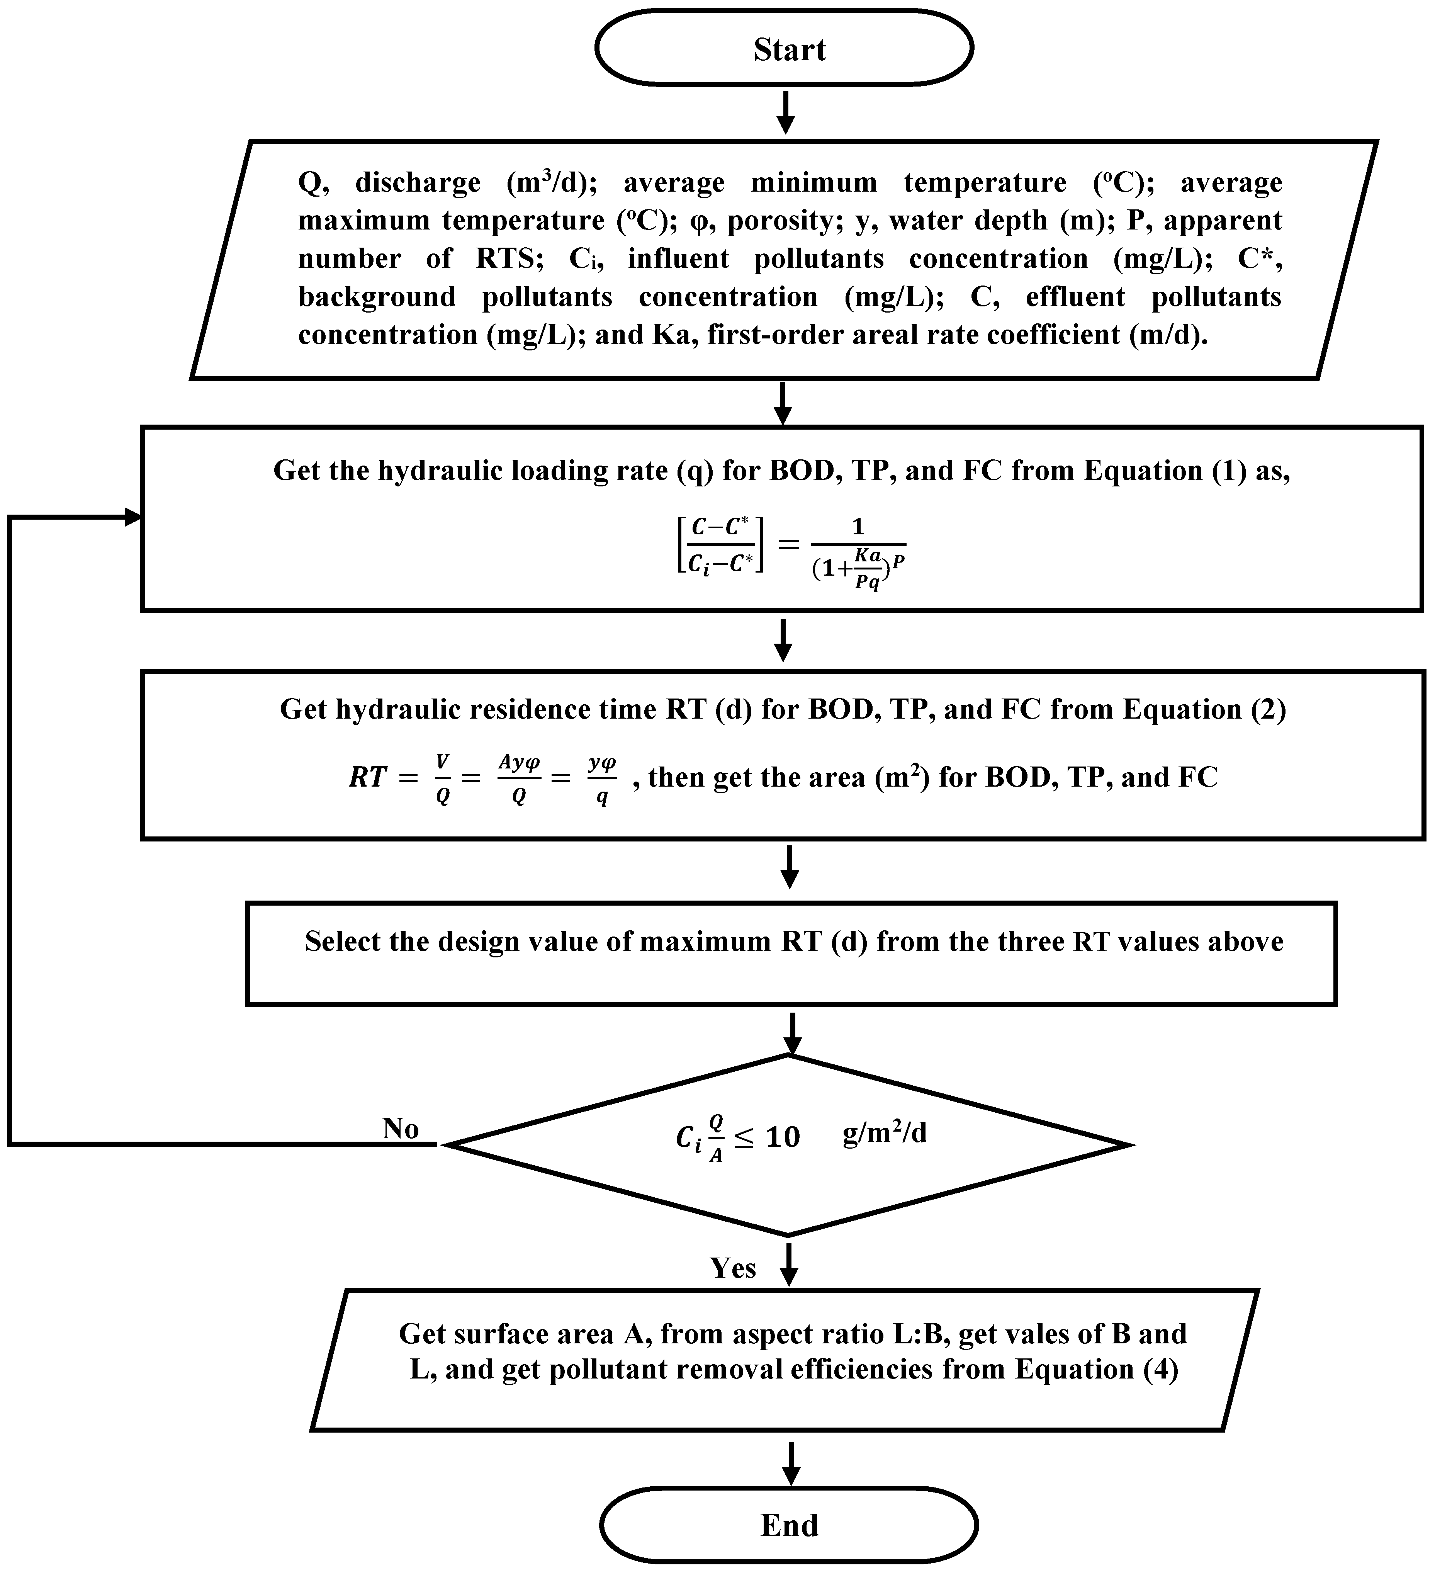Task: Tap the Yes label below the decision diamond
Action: click(732, 1267)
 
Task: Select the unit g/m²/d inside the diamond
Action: click(885, 1132)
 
